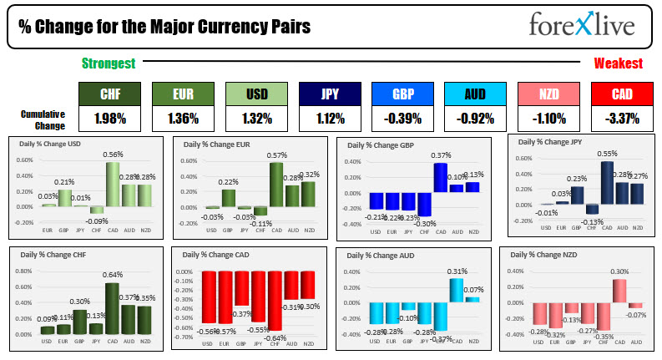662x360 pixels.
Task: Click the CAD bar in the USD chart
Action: pyautogui.click(x=111, y=184)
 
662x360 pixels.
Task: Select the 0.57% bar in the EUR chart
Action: pyautogui.click(x=275, y=184)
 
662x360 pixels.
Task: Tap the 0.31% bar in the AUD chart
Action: pyautogui.click(x=456, y=289)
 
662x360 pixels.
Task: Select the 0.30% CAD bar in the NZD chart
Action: pyautogui.click(x=619, y=290)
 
